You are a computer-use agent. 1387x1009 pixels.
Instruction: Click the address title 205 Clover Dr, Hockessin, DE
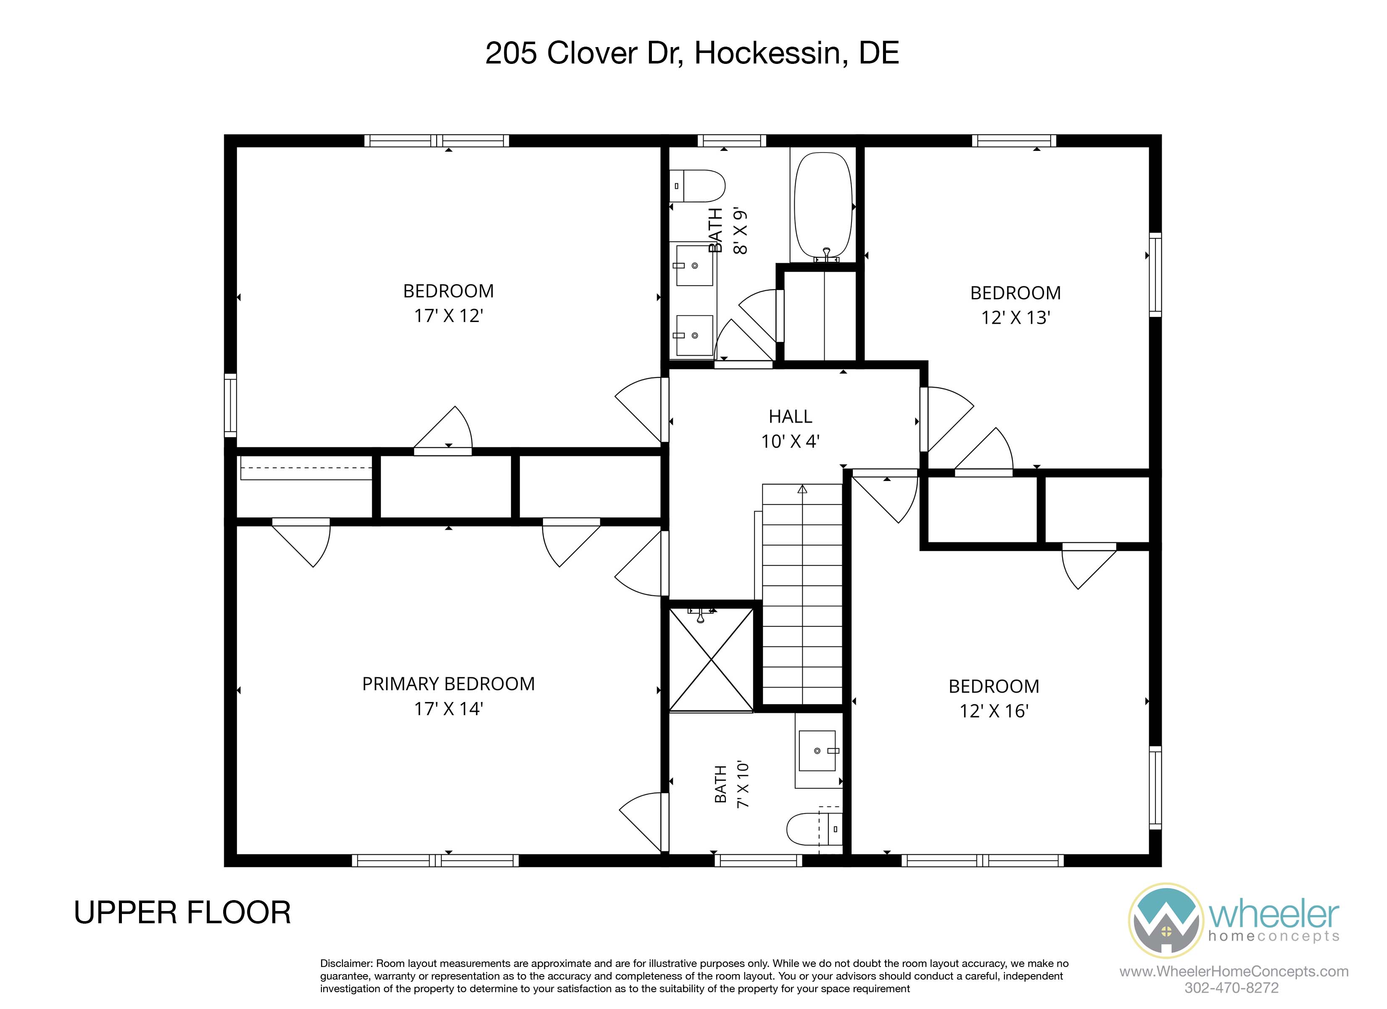(692, 53)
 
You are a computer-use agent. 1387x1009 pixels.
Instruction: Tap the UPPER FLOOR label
(182, 913)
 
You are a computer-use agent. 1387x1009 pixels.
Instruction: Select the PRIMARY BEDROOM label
(448, 684)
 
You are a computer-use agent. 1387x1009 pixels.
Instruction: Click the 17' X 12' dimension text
(448, 316)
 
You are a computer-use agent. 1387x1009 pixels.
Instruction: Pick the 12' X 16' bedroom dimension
(994, 711)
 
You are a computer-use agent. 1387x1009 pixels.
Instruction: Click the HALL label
(790, 417)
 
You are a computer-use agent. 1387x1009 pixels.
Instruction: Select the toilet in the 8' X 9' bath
(697, 186)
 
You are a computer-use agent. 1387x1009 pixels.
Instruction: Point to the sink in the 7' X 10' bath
(817, 751)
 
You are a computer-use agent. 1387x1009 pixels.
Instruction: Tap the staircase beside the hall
(802, 594)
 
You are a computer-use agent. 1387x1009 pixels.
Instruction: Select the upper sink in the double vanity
(694, 265)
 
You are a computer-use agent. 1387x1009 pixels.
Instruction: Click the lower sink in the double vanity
(694, 335)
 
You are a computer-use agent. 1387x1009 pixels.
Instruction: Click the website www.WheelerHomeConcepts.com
(1234, 971)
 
